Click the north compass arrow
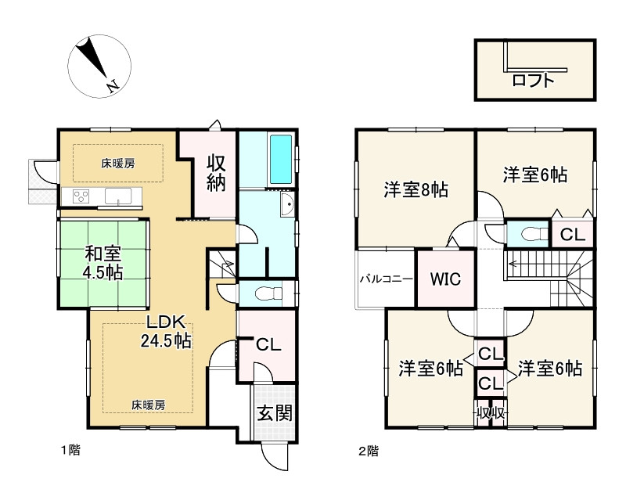click(95, 62)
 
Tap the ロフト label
click(534, 79)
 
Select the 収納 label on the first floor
click(217, 172)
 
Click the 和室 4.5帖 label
click(103, 263)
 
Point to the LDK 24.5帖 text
click(166, 331)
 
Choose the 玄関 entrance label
click(275, 412)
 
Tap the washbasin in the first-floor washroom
click(286, 207)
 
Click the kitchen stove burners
click(82, 195)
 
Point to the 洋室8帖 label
click(416, 189)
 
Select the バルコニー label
click(386, 279)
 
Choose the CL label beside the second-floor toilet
click(573, 234)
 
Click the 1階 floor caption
click(71, 450)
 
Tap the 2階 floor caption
click(369, 450)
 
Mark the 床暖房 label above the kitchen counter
click(117, 164)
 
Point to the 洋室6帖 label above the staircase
click(535, 175)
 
